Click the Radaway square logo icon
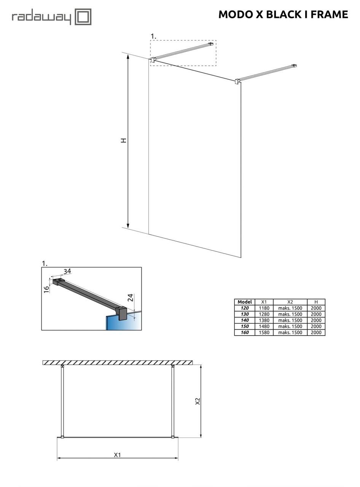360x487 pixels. pyautogui.click(x=83, y=17)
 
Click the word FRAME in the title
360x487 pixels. pyautogui.click(x=330, y=14)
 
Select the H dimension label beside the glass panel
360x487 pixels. pyautogui.click(x=123, y=140)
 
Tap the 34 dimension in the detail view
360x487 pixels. pyautogui.click(x=67, y=271)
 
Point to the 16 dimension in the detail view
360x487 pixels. pyautogui.click(x=46, y=289)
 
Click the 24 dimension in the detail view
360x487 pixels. pyautogui.click(x=130, y=298)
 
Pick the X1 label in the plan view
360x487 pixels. pyautogui.click(x=117, y=455)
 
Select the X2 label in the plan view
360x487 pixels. pyautogui.click(x=198, y=401)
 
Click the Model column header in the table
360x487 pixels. pyautogui.click(x=244, y=302)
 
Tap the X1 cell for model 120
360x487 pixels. pyautogui.click(x=264, y=308)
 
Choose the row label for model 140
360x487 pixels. pyautogui.click(x=244, y=320)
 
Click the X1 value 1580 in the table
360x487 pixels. pyautogui.click(x=264, y=333)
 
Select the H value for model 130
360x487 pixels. pyautogui.click(x=316, y=314)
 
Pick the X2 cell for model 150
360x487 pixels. pyautogui.click(x=290, y=326)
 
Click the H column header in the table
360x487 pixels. pyautogui.click(x=316, y=302)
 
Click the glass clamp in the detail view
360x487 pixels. pyautogui.click(x=123, y=313)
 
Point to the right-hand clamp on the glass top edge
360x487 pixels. pyautogui.click(x=237, y=81)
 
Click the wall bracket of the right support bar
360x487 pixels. pyautogui.click(x=294, y=66)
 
